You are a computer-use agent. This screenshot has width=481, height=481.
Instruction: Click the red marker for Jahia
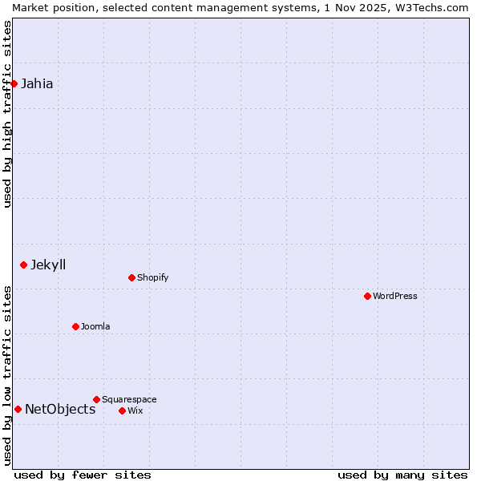point(14,83)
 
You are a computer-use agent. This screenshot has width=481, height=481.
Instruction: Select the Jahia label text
point(37,83)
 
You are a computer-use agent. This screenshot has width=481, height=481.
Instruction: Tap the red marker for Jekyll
point(23,265)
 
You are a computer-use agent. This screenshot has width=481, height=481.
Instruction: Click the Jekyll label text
point(48,265)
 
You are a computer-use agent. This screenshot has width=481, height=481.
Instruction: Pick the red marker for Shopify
point(131,277)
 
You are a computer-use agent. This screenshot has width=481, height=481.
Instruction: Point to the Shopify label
point(152,277)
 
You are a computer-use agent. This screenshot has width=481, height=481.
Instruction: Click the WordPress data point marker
point(367,296)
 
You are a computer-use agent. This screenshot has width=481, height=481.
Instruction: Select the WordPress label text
point(394,296)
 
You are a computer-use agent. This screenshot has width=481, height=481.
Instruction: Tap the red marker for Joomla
point(75,326)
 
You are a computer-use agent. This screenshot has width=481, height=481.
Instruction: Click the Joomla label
point(95,326)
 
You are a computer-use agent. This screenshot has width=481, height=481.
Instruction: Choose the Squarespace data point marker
point(96,399)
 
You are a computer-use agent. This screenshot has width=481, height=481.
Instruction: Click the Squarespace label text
point(129,399)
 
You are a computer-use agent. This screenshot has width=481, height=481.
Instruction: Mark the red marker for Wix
point(122,410)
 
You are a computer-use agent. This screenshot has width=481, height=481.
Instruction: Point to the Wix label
point(135,410)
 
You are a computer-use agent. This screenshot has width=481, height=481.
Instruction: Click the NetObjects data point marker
point(18,409)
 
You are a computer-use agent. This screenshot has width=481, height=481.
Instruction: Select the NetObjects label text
point(60,409)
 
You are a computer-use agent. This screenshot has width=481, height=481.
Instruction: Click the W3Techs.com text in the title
point(431,7)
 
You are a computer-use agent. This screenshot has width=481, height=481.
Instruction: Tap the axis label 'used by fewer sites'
point(83,475)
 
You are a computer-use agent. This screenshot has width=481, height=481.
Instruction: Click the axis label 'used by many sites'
point(402,475)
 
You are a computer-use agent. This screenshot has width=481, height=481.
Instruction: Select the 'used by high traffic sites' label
point(7,114)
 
